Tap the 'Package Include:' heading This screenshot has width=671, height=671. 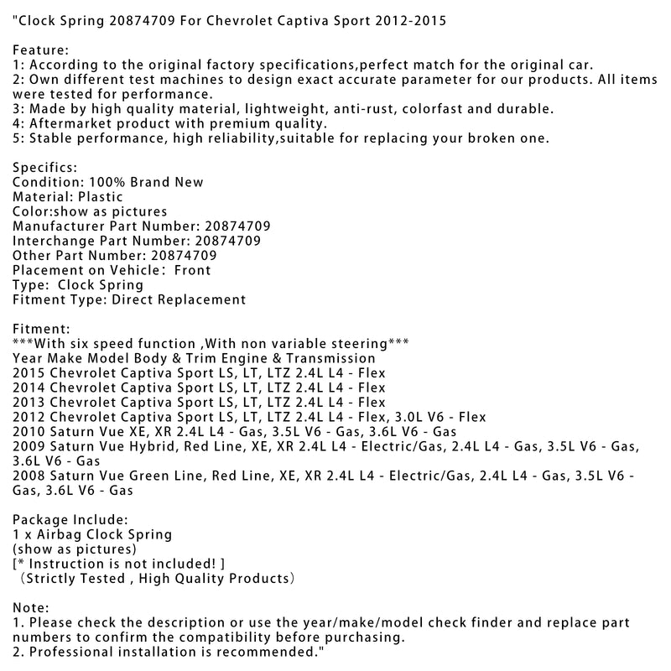point(71,519)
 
